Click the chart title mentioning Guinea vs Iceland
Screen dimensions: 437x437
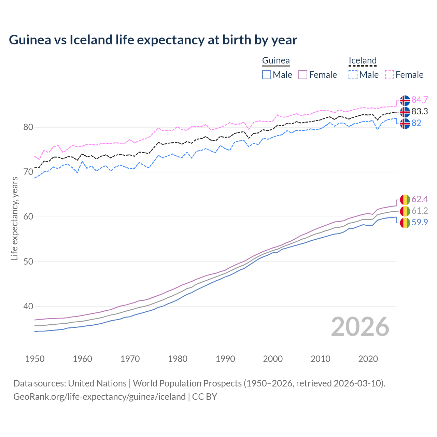153,40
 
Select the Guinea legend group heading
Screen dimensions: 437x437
276,61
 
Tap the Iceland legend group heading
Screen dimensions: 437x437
362,61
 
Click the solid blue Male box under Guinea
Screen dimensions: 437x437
267,75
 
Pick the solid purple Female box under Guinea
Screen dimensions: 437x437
303,75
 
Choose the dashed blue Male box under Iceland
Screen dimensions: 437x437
353,75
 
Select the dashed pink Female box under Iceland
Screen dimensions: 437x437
390,75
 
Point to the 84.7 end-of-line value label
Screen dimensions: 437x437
420,100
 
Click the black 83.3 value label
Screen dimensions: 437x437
420,112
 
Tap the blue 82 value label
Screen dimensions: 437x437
417,123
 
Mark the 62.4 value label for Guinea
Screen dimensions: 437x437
420,199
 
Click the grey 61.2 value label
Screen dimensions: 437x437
420,211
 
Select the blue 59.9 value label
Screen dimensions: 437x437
420,222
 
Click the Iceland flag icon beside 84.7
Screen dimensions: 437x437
405,100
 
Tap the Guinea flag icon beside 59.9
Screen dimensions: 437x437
405,223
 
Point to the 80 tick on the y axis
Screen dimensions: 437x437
28,127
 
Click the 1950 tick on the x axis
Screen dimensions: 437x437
35,359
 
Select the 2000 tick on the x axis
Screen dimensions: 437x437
273,359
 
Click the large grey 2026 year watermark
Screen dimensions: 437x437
360,327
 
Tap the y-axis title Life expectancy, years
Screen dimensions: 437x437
14,218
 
